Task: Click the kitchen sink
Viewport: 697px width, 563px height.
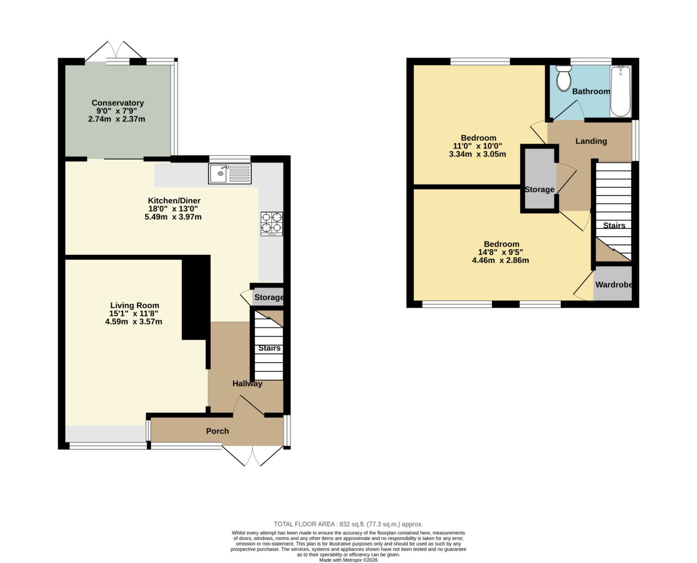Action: pyautogui.click(x=230, y=173)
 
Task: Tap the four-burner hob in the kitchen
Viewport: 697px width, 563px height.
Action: pyautogui.click(x=271, y=224)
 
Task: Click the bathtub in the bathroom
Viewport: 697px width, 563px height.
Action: pyautogui.click(x=620, y=91)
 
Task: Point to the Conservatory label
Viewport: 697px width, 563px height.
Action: pyautogui.click(x=118, y=103)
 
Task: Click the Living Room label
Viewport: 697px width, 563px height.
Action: pyautogui.click(x=135, y=305)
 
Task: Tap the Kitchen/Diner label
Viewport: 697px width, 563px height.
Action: pyautogui.click(x=174, y=200)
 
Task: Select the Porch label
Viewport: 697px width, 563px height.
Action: pyautogui.click(x=217, y=431)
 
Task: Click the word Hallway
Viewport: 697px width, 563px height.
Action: pyautogui.click(x=247, y=383)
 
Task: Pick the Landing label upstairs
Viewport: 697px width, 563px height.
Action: pyautogui.click(x=591, y=141)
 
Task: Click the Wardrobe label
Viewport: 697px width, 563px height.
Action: pyautogui.click(x=613, y=285)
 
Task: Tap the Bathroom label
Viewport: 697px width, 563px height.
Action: pyautogui.click(x=591, y=92)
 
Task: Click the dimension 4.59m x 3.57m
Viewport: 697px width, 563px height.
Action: pyautogui.click(x=133, y=322)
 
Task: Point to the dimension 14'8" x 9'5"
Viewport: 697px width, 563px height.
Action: pyautogui.click(x=501, y=252)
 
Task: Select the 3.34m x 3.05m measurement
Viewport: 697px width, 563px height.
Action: pyautogui.click(x=477, y=154)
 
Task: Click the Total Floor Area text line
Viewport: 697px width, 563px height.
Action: pyautogui.click(x=348, y=524)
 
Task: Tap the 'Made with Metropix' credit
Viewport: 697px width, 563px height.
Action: pyautogui.click(x=348, y=560)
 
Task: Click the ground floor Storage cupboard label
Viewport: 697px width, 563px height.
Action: pyautogui.click(x=269, y=297)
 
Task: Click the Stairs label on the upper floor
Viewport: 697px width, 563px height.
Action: pyautogui.click(x=614, y=226)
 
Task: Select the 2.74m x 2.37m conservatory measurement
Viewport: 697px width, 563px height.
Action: pyautogui.click(x=116, y=119)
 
